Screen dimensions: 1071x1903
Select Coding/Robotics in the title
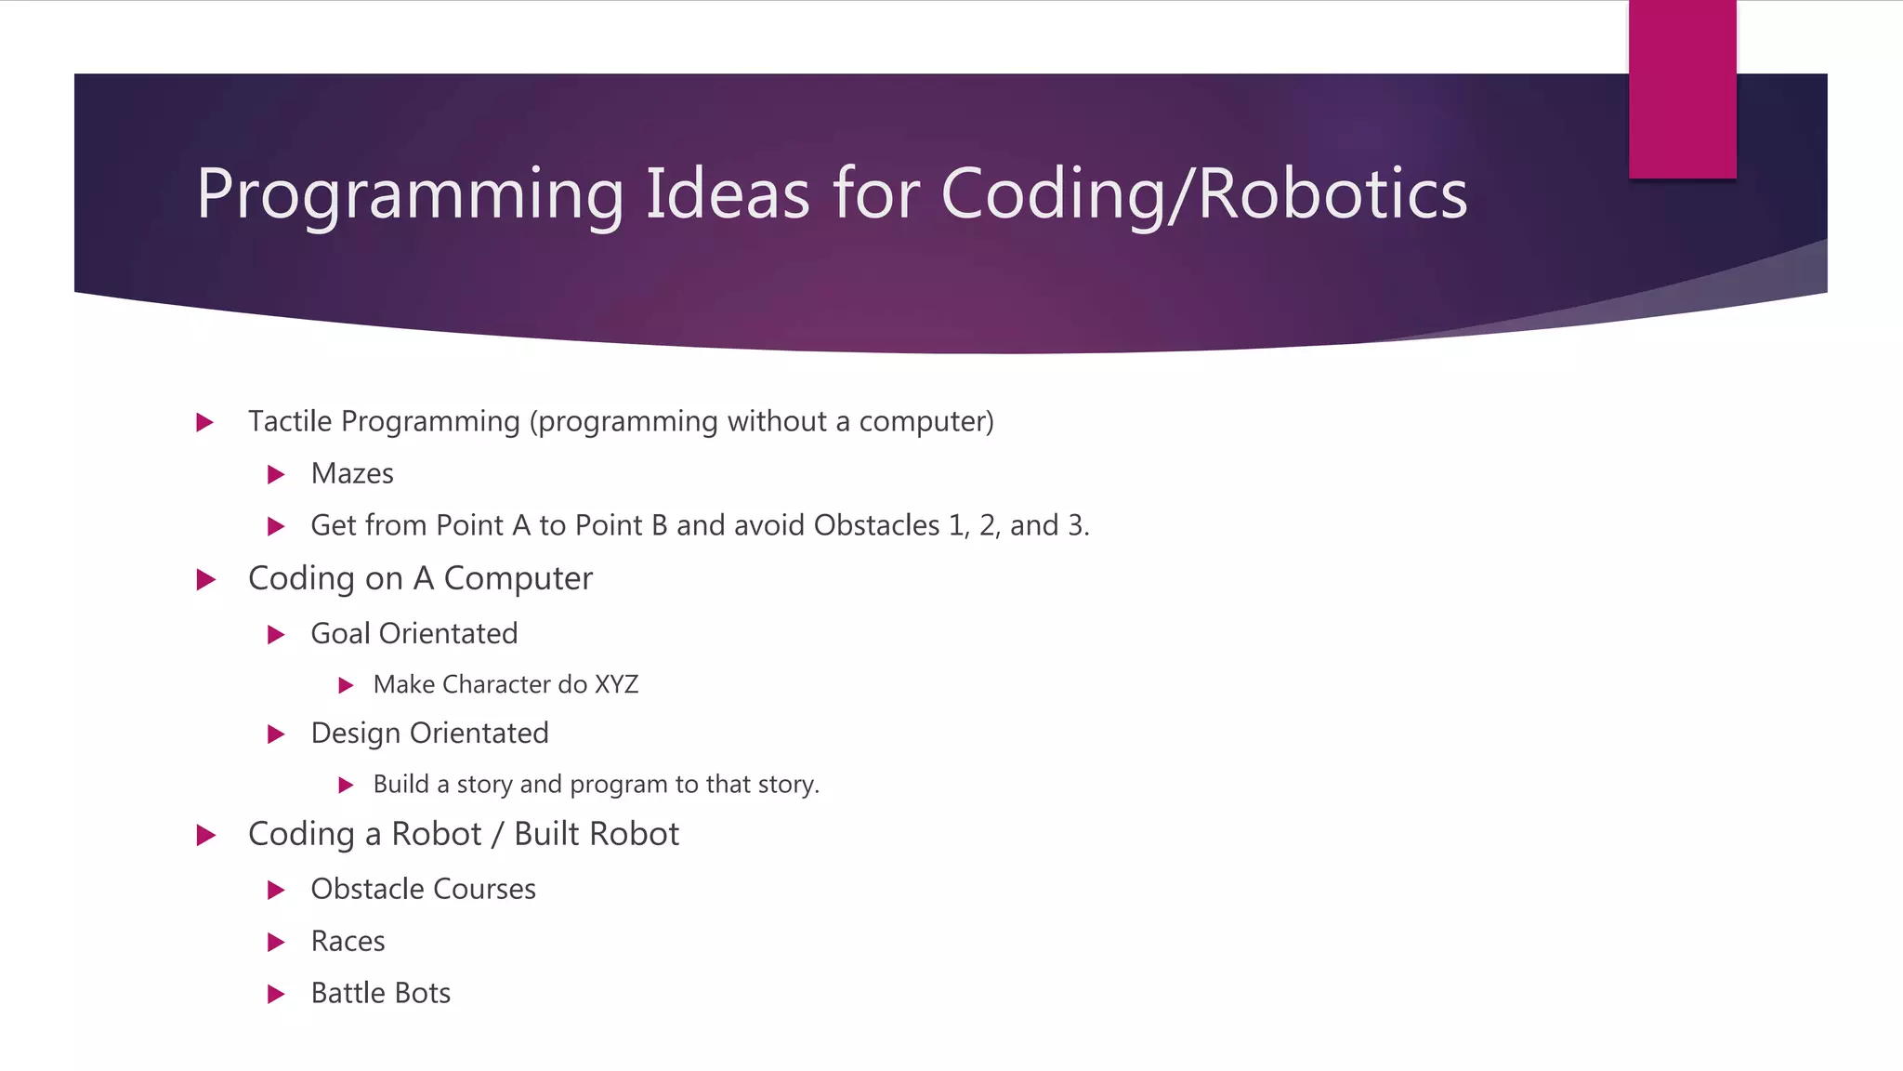pos(1203,195)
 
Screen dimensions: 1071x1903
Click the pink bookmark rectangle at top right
pos(1682,89)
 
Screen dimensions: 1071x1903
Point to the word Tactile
pos(290,421)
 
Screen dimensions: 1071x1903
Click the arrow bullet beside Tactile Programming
pos(205,423)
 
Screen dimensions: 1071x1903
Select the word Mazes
pos(352,474)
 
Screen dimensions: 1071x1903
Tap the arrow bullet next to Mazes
pos(276,475)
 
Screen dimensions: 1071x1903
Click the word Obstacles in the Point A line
pos(876,525)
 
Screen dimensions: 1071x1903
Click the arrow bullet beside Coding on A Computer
pos(206,580)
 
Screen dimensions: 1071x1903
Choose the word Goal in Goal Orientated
pos(340,634)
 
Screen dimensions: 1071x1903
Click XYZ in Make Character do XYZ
pos(616,685)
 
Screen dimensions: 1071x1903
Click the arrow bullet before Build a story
pos(347,786)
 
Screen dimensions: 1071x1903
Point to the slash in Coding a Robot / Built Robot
pos(498,835)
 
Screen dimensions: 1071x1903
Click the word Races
pos(348,942)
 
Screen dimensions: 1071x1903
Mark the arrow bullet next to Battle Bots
pos(276,995)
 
